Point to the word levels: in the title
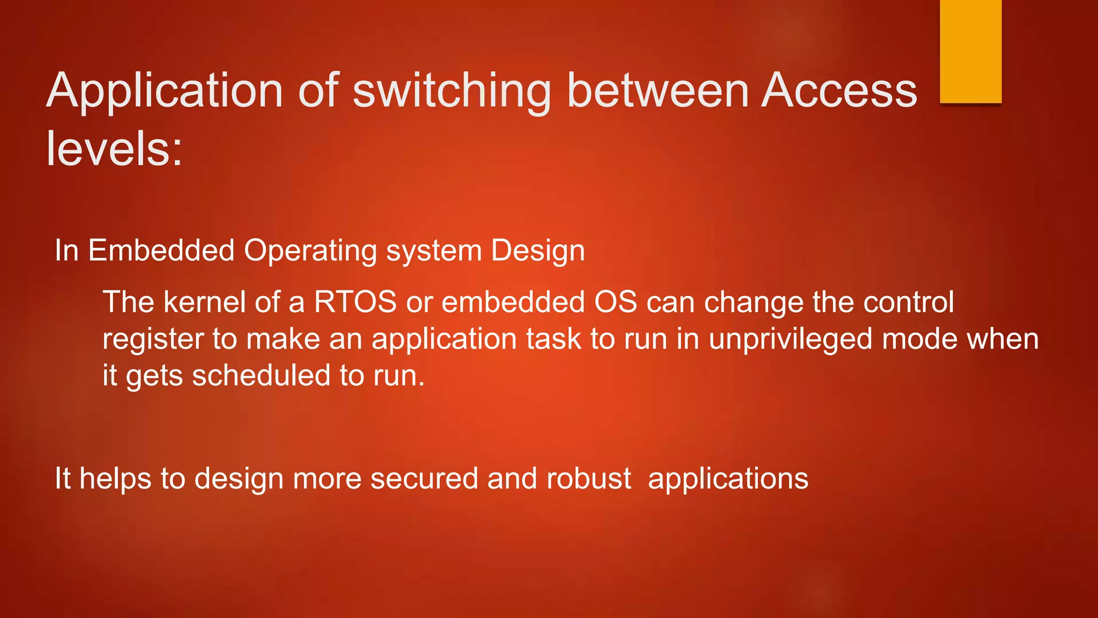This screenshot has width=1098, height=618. click(114, 149)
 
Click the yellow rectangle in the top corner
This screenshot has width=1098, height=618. click(970, 51)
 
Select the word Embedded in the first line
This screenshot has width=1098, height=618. click(161, 250)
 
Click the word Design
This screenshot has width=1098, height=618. click(538, 251)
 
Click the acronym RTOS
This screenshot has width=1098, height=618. click(355, 301)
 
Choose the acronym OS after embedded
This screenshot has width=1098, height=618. click(615, 301)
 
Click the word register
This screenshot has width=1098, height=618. click(152, 340)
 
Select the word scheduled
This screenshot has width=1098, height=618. click(261, 375)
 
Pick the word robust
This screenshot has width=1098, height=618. click(589, 478)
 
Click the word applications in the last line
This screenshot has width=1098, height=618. click(728, 479)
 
